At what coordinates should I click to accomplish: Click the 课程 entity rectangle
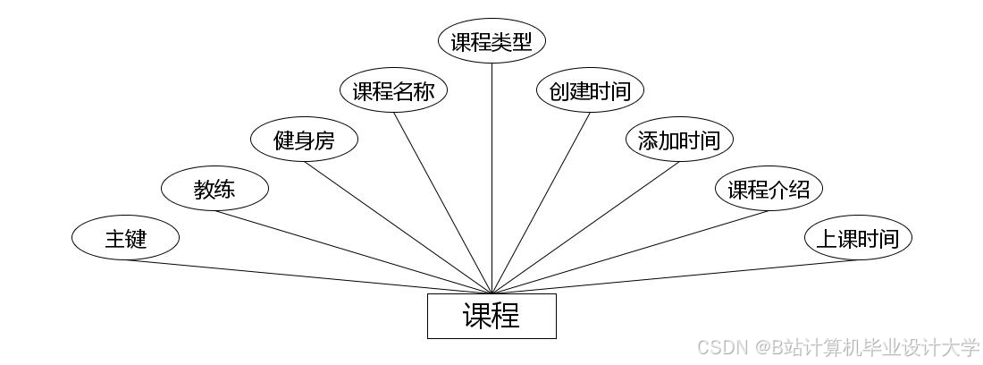tap(491, 316)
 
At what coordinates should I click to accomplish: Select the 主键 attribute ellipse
tap(125, 239)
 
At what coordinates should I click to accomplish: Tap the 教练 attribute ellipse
tap(214, 189)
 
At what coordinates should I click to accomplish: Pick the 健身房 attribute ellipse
tap(304, 140)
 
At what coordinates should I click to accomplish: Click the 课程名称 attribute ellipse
tap(393, 91)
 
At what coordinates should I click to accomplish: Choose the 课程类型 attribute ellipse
tap(491, 42)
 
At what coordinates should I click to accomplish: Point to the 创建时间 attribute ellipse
tap(590, 91)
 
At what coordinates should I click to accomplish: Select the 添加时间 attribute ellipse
tap(679, 140)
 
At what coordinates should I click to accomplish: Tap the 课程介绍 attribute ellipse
tap(769, 189)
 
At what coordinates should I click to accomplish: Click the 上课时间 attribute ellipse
tap(858, 239)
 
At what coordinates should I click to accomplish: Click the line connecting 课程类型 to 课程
tap(491, 179)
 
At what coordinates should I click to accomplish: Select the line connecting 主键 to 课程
tap(308, 276)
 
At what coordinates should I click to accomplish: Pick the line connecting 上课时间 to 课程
tap(675, 276)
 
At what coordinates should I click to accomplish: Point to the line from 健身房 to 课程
tap(398, 227)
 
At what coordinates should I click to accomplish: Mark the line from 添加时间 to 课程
tap(585, 227)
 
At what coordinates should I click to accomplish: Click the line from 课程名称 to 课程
tap(442, 202)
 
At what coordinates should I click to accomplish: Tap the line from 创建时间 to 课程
tap(541, 202)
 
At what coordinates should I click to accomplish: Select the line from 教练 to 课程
tap(353, 251)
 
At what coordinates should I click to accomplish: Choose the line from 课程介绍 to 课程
tap(630, 251)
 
